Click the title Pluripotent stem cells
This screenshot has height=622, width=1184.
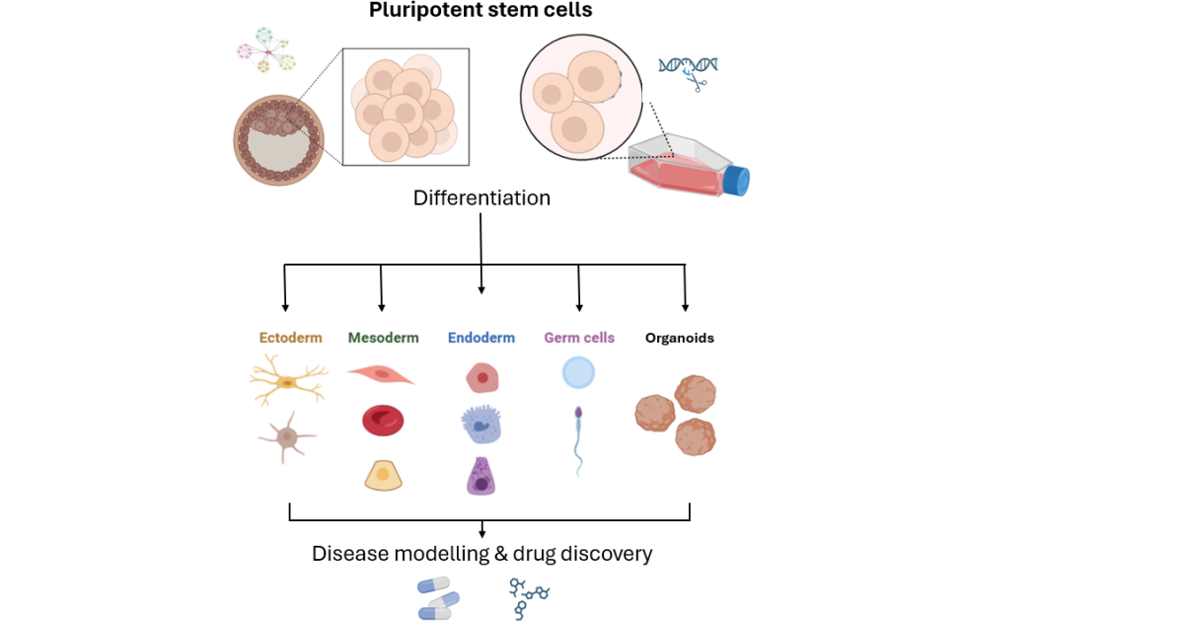[481, 11]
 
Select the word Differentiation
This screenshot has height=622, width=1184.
[481, 198]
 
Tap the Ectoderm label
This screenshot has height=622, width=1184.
[290, 338]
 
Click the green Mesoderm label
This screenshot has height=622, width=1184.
[383, 338]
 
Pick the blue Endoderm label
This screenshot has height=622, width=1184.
[481, 338]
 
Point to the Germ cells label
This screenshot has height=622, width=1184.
[578, 338]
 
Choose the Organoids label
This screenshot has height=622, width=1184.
[679, 338]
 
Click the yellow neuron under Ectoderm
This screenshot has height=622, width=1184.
[287, 381]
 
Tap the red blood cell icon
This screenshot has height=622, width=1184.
[383, 421]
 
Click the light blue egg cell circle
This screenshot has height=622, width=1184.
[578, 373]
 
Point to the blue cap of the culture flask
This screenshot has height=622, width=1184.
[737, 181]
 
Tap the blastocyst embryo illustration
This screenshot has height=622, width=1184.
[279, 139]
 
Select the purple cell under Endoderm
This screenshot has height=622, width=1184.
[481, 476]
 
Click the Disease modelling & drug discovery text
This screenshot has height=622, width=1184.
[481, 554]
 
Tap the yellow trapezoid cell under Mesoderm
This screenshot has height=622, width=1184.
[382, 476]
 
